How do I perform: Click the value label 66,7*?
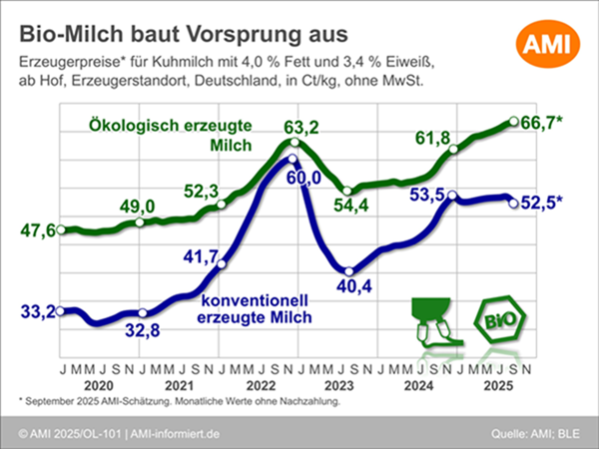tap(542, 123)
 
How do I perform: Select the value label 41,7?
tap(199, 257)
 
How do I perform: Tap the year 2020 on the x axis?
tap(99, 385)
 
